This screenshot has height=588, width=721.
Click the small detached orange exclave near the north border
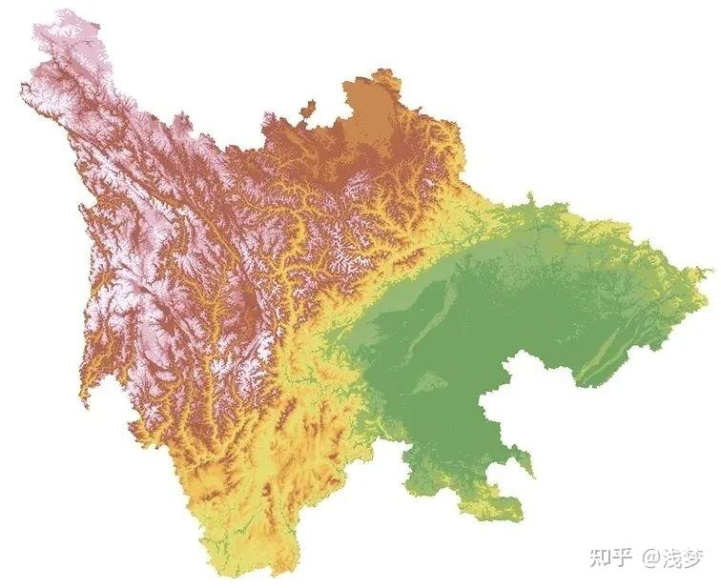(307, 110)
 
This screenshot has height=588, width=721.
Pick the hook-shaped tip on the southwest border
(88, 400)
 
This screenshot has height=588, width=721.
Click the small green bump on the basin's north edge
(529, 205)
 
